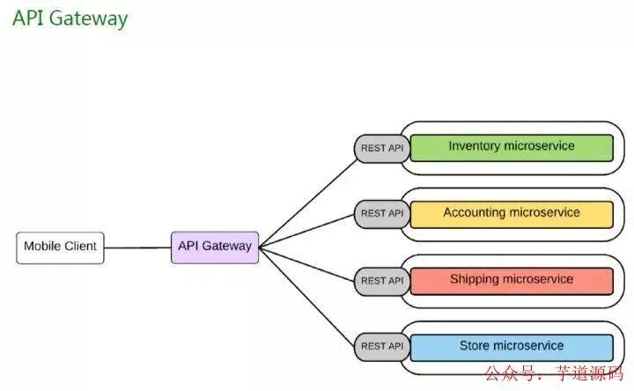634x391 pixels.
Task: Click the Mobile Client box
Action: pos(60,247)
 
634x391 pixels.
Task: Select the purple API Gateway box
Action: pos(214,247)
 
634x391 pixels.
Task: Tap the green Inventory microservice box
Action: pos(511,146)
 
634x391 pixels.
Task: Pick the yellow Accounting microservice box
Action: pos(511,213)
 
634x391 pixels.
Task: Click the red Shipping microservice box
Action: pos(511,280)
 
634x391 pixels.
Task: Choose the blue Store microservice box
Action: pos(511,346)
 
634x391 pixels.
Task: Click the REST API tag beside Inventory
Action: pos(381,148)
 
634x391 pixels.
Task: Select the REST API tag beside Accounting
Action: pos(381,213)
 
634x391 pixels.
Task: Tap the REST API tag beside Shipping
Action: pos(381,280)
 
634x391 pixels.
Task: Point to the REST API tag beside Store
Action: pos(381,346)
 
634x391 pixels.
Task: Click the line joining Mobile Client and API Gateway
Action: pos(136,247)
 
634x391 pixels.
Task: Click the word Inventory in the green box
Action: pos(475,146)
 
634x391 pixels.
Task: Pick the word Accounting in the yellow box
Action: pos(475,213)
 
